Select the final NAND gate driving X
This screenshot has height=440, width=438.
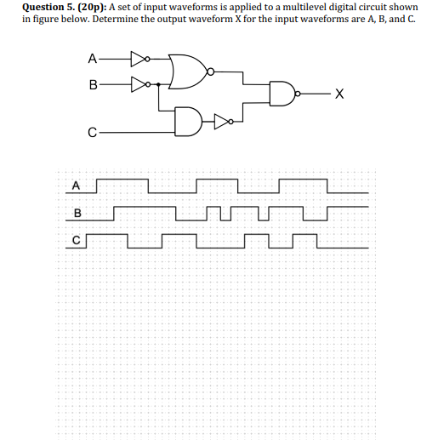(x=282, y=94)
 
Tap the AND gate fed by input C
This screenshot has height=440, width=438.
(x=188, y=121)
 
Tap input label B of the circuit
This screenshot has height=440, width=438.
(x=93, y=84)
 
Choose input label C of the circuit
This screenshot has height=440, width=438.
(x=91, y=133)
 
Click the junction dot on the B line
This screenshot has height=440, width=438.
(x=159, y=84)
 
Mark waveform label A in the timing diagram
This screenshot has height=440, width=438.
(x=76, y=185)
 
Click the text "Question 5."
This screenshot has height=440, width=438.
(x=44, y=7)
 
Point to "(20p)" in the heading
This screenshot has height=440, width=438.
(x=93, y=7)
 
